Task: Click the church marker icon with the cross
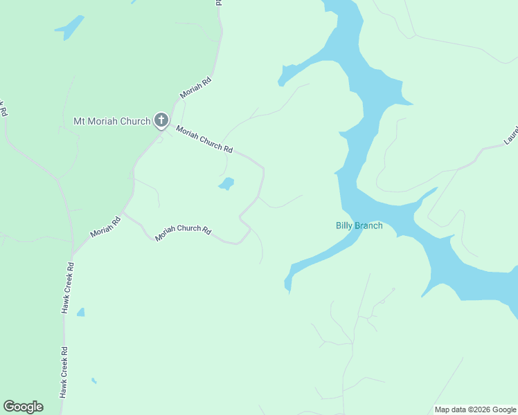pyautogui.click(x=161, y=121)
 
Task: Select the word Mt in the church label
pyautogui.click(x=80, y=122)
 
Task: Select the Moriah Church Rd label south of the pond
pyautogui.click(x=183, y=232)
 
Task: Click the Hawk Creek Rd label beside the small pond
pyautogui.click(x=67, y=288)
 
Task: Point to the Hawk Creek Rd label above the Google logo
pyautogui.click(x=64, y=371)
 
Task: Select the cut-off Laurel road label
pyautogui.click(x=511, y=135)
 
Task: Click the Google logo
pyautogui.click(x=23, y=407)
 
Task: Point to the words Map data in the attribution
pyautogui.click(x=451, y=409)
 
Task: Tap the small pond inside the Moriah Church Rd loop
pyautogui.click(x=226, y=183)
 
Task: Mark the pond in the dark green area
pyautogui.click(x=69, y=28)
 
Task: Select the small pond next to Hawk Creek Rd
pyautogui.click(x=81, y=313)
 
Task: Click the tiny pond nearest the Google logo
pyautogui.click(x=93, y=380)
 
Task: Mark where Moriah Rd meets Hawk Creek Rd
pyautogui.click(x=73, y=252)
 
